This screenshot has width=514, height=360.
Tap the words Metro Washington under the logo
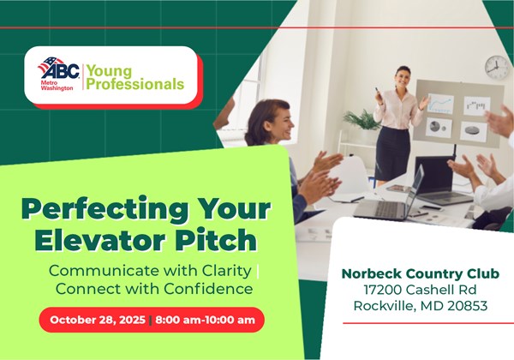pyautogui.click(x=57, y=86)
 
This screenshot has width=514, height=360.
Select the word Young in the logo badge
pyautogui.click(x=109, y=71)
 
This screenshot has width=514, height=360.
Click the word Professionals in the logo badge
pyautogui.click(x=134, y=84)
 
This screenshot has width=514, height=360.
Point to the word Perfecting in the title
pyautogui.click(x=105, y=210)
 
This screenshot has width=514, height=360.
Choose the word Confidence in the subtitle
pyautogui.click(x=208, y=289)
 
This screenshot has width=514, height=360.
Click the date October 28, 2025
pyautogui.click(x=98, y=320)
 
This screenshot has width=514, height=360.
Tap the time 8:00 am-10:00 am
pyautogui.click(x=205, y=320)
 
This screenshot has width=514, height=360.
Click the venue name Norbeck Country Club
pyautogui.click(x=421, y=273)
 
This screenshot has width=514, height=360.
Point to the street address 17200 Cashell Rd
pyautogui.click(x=421, y=290)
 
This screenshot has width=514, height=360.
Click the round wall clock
pyautogui.click(x=496, y=67)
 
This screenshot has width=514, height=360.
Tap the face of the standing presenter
pyautogui.click(x=403, y=77)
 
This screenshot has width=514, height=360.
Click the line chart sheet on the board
pyautogui.click(x=440, y=104)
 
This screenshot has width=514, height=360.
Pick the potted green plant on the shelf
pyautogui.click(x=362, y=120)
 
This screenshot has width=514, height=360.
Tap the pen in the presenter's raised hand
pyautogui.click(x=377, y=91)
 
